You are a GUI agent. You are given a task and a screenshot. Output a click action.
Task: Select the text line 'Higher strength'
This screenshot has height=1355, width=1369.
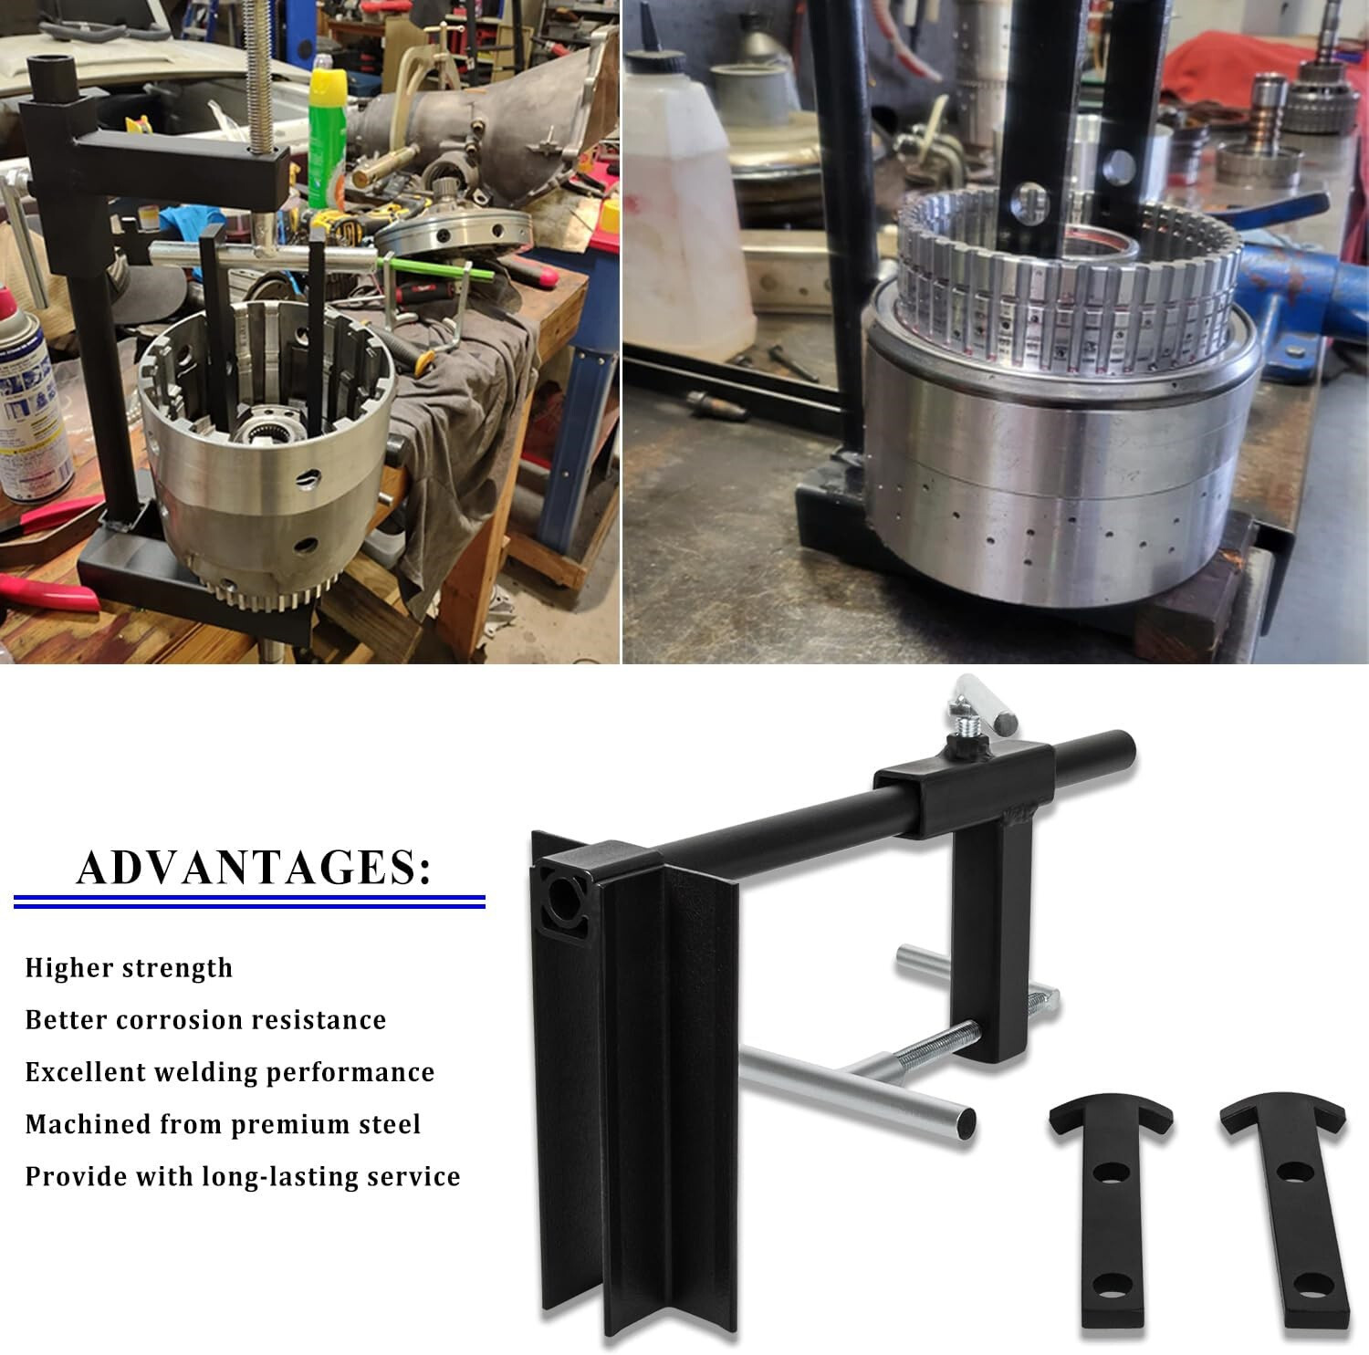(129, 968)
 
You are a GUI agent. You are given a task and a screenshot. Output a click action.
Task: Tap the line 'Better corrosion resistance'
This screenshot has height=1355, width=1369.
(205, 1019)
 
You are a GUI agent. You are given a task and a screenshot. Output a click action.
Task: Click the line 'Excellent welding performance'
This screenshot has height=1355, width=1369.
(230, 1072)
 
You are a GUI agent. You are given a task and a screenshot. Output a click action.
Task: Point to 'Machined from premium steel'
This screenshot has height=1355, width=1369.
(223, 1124)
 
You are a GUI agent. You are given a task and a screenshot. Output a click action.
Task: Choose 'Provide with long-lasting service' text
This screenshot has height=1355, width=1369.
(243, 1176)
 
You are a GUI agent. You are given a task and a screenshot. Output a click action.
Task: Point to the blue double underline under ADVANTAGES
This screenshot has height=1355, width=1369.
(249, 902)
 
